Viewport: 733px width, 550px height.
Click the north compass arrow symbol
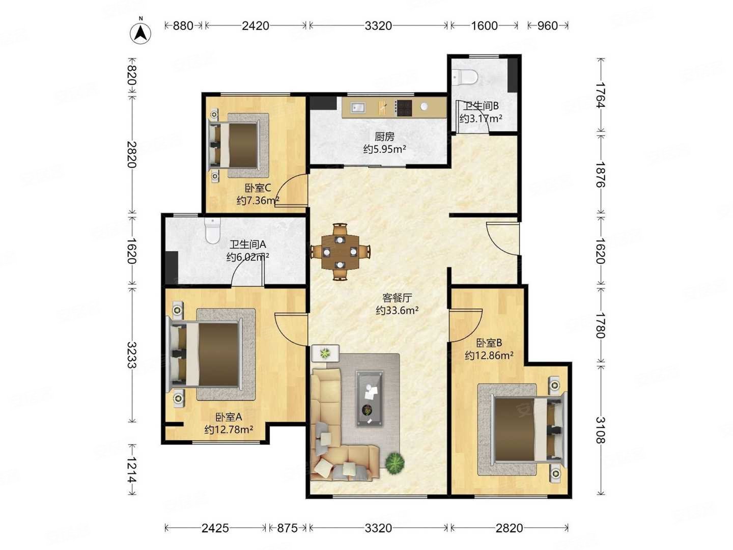tap(140, 33)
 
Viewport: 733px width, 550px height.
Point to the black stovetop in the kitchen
tap(403, 107)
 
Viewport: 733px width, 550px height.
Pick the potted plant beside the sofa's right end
tap(394, 462)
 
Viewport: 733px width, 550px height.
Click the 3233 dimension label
tap(132, 354)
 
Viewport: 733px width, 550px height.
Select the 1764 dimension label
tap(601, 95)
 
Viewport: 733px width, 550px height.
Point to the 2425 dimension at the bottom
tap(215, 528)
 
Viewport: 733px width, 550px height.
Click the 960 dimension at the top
tap(547, 25)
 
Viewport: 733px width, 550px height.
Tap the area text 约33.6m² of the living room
tap(397, 310)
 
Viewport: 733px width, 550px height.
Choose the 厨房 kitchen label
tap(384, 136)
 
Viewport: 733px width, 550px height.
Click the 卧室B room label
tap(489, 343)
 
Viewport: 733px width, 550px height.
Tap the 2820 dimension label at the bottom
tap(509, 528)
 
